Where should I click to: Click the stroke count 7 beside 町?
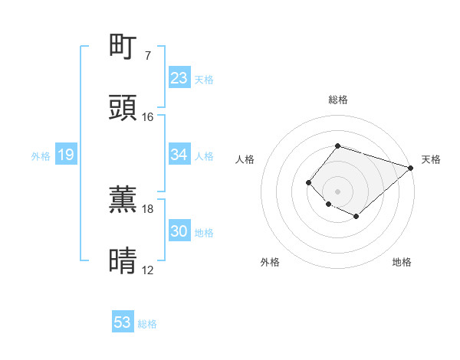[x=147, y=56]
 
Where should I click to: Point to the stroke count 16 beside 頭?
[x=148, y=117]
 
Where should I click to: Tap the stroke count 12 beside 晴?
[x=148, y=270]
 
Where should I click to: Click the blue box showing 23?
[x=179, y=78]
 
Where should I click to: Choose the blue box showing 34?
[x=179, y=155]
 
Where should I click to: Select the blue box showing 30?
[x=179, y=231]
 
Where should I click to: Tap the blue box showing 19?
[x=65, y=155]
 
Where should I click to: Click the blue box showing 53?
[x=123, y=322]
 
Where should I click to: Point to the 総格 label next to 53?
[x=147, y=324]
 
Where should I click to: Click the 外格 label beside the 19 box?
[x=41, y=156]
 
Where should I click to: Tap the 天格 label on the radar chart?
[x=431, y=159]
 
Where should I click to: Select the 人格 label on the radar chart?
[x=245, y=159]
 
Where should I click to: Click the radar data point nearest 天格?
[x=411, y=168]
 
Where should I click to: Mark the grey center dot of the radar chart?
[x=337, y=191]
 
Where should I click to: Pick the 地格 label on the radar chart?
[x=402, y=263]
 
